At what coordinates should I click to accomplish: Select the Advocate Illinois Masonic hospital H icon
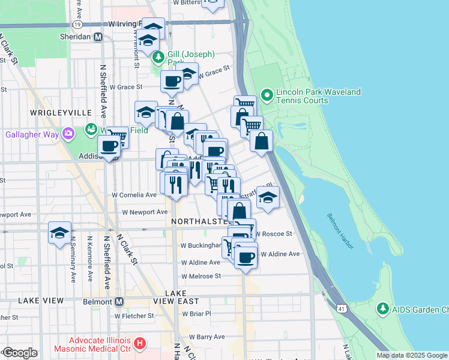140,344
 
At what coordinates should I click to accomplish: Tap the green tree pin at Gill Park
158,58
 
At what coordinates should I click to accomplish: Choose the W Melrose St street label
201,275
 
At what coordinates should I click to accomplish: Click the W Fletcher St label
137,315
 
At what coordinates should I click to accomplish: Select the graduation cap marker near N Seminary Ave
59,232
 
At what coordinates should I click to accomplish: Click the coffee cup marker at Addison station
109,145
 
